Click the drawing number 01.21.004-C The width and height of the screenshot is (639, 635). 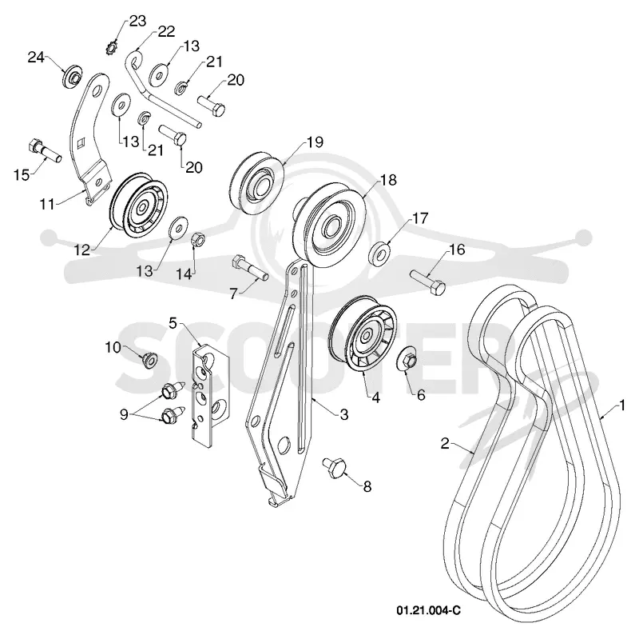click(x=429, y=610)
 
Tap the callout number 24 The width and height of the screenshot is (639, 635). click(x=36, y=58)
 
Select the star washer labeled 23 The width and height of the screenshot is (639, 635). click(x=111, y=47)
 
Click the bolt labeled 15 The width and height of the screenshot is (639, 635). click(x=45, y=150)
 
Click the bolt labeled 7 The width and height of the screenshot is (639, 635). click(x=250, y=268)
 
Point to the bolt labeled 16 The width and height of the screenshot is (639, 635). click(x=428, y=282)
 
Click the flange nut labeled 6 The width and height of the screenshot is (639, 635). click(x=407, y=359)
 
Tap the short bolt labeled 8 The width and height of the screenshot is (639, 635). click(x=335, y=468)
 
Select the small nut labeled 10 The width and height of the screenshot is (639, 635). click(x=149, y=360)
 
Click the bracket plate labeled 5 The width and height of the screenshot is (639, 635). click(x=210, y=395)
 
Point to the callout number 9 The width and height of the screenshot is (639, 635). click(x=124, y=415)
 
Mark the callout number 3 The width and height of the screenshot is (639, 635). click(x=344, y=414)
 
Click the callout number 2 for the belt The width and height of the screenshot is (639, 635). click(x=445, y=443)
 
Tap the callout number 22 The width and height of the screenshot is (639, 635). click(x=166, y=31)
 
